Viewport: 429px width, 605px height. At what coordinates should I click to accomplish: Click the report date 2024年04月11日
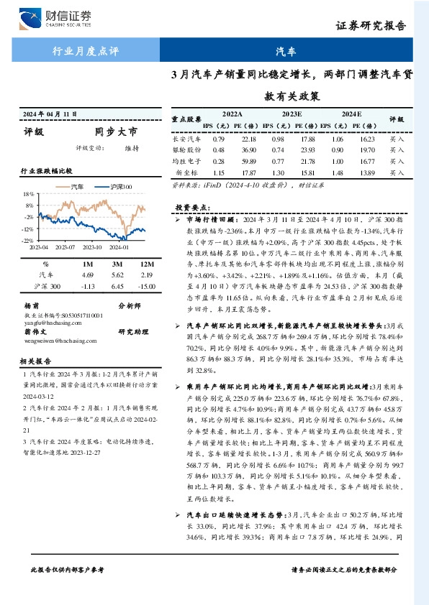51,114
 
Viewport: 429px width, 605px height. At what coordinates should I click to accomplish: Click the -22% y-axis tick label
27,240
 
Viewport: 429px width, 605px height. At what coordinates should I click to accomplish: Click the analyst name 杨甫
30,305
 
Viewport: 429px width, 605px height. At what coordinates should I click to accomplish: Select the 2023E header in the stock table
292,114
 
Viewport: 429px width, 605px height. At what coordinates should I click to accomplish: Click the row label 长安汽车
186,139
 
